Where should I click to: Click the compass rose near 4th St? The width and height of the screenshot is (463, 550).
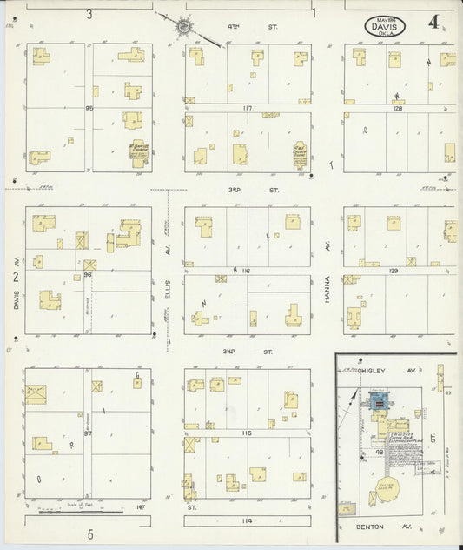[184, 27]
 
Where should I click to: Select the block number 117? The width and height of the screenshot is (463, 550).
[247, 108]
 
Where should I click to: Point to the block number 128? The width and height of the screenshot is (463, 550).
[399, 109]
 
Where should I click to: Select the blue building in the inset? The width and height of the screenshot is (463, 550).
[379, 401]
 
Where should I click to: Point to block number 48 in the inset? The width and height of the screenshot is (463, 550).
[379, 453]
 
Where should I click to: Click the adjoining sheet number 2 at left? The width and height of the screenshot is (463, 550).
[15, 278]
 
